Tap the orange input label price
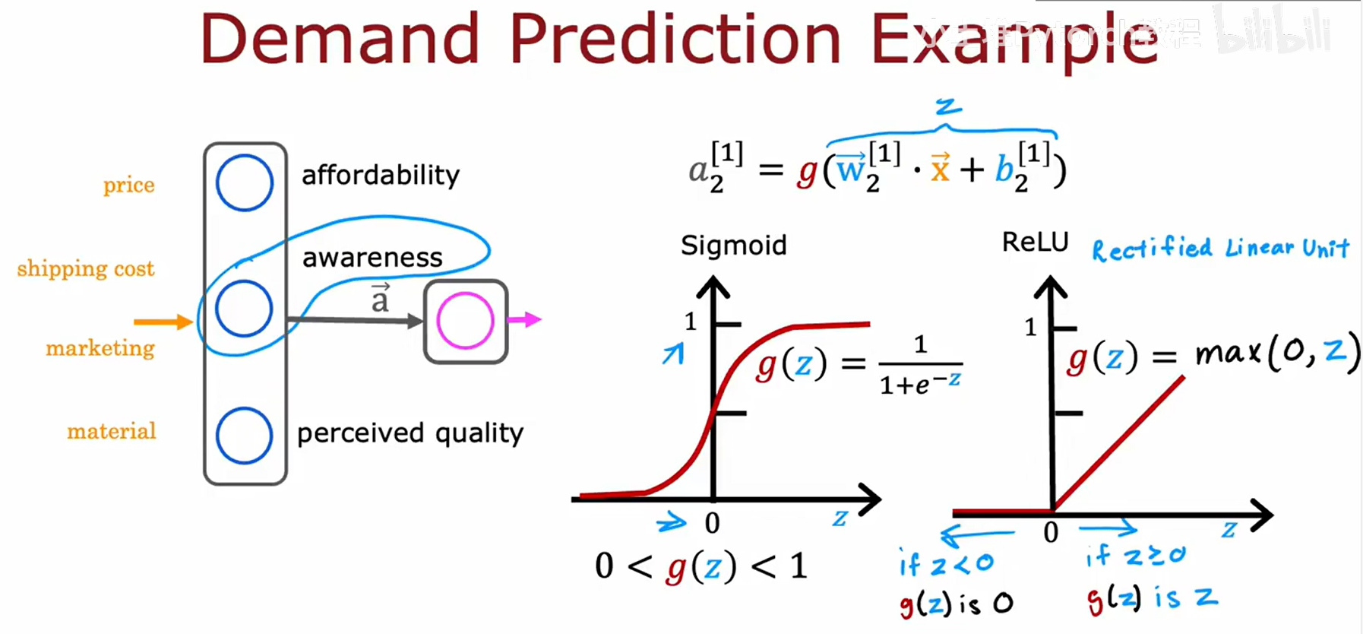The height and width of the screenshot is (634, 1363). (x=129, y=185)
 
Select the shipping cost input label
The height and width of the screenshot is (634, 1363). (x=86, y=269)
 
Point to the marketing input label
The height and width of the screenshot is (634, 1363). (x=100, y=348)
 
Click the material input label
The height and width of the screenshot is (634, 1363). (x=112, y=432)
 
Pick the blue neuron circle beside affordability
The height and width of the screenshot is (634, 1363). (x=244, y=183)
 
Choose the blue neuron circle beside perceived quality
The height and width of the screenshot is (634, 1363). (x=244, y=436)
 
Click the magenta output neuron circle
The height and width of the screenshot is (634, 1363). (x=465, y=321)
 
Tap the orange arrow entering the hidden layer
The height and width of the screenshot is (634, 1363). (x=162, y=322)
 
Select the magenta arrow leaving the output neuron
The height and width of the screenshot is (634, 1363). (x=525, y=320)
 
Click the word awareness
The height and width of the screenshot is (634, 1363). (x=372, y=258)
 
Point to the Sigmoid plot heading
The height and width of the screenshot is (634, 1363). (x=733, y=246)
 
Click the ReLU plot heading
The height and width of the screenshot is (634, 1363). (x=1035, y=243)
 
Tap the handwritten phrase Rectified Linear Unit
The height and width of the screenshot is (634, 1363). (x=1220, y=249)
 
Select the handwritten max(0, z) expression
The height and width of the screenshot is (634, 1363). (x=1276, y=353)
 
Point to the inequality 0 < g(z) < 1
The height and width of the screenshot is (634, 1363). (x=700, y=566)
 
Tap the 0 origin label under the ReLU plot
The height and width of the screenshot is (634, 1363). (x=1051, y=533)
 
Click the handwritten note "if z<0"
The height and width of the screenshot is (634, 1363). (x=946, y=564)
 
